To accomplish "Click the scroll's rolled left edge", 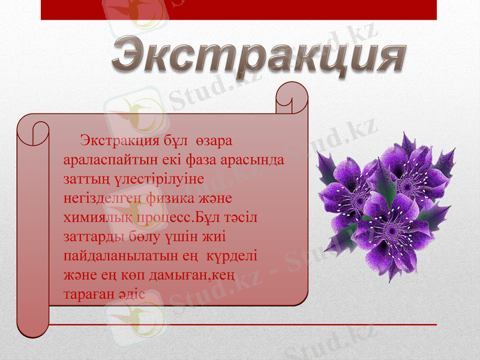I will pos(33,228).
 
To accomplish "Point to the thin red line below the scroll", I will pos(240,325).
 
